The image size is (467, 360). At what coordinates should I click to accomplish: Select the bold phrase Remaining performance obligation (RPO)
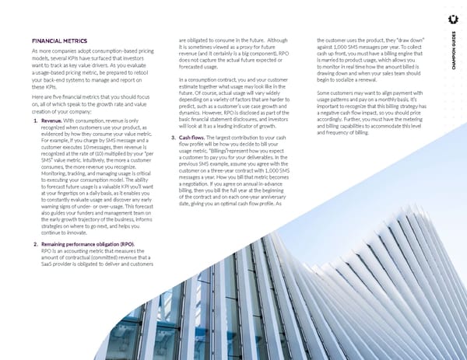coord(76,243)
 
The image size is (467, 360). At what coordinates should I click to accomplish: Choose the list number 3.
coord(172,138)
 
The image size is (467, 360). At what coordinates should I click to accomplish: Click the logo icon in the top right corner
coord(453,18)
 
